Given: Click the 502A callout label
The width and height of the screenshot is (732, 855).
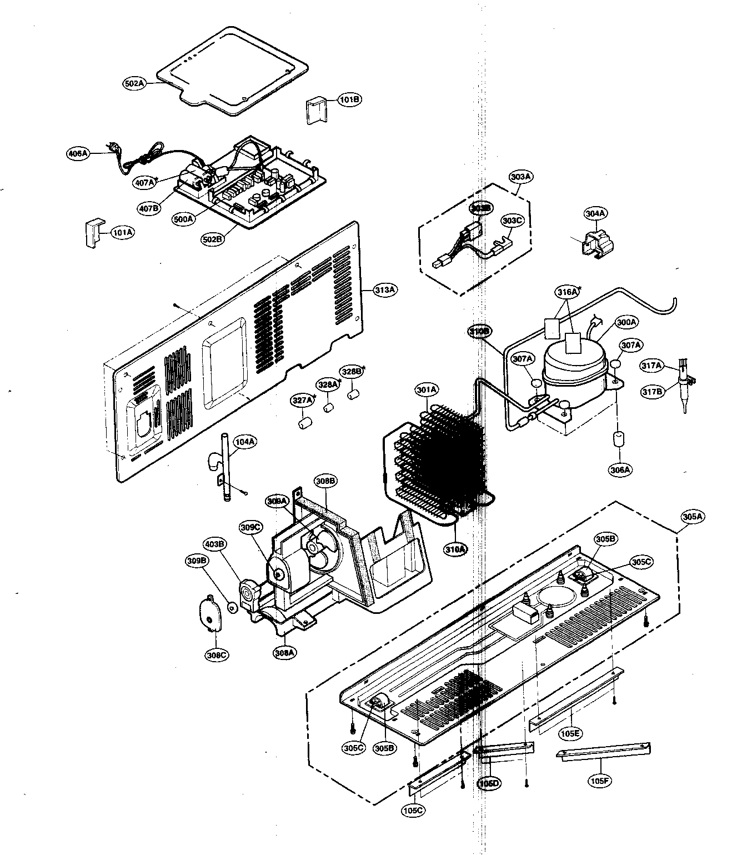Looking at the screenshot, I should click(x=134, y=84).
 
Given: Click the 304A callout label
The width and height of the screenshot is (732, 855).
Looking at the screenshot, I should click(x=595, y=213).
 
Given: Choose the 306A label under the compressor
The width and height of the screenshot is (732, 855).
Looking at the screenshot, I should click(x=620, y=469).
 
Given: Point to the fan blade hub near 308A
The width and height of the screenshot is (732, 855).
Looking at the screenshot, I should click(x=315, y=548).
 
